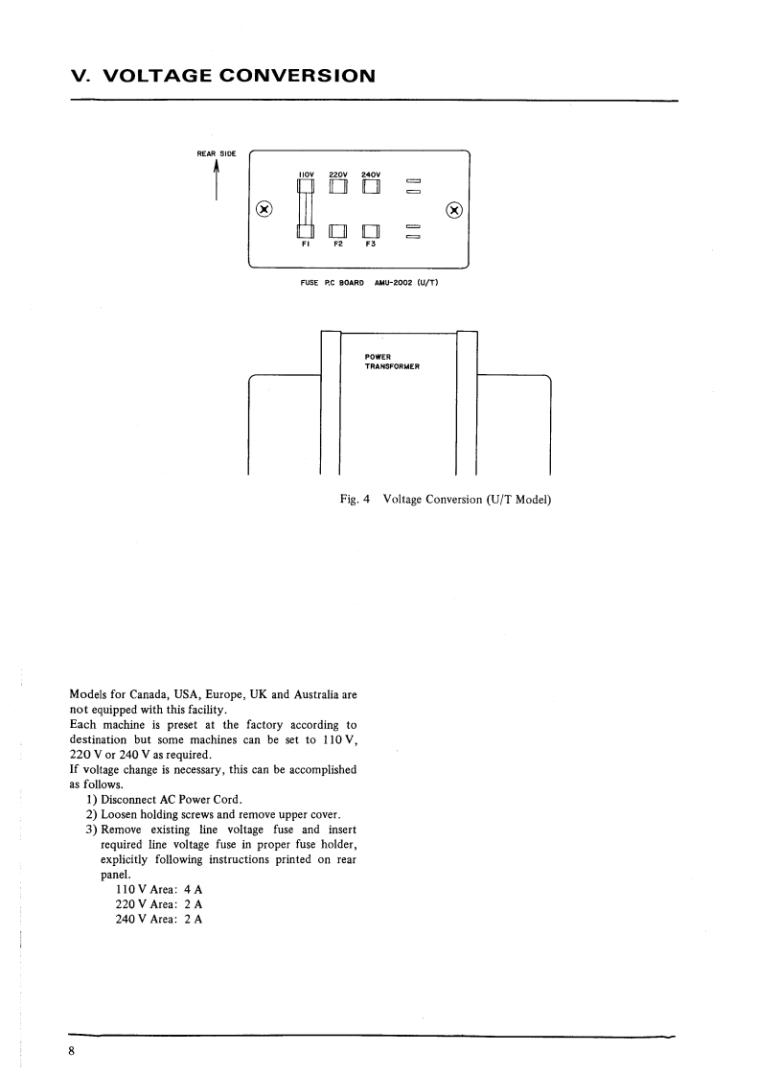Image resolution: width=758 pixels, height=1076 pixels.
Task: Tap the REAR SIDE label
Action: pos(216,152)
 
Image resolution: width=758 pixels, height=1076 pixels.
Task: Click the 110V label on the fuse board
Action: pos(307,174)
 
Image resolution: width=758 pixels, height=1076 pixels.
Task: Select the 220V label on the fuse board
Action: pos(338,174)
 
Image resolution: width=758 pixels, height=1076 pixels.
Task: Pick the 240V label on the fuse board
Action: pos(371,174)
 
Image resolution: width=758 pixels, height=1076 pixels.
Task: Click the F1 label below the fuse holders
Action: pos(306,245)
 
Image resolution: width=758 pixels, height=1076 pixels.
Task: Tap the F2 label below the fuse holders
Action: pos(337,245)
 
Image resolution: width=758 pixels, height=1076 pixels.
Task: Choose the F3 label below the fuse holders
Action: pos(370,245)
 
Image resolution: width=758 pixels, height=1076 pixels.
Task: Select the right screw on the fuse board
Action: pos(455,209)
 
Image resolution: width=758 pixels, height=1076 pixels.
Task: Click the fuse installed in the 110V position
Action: pos(306,209)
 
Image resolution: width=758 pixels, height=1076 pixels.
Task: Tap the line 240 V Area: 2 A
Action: pos(158,918)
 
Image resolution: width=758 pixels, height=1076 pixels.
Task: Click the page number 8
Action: pos(73,1051)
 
